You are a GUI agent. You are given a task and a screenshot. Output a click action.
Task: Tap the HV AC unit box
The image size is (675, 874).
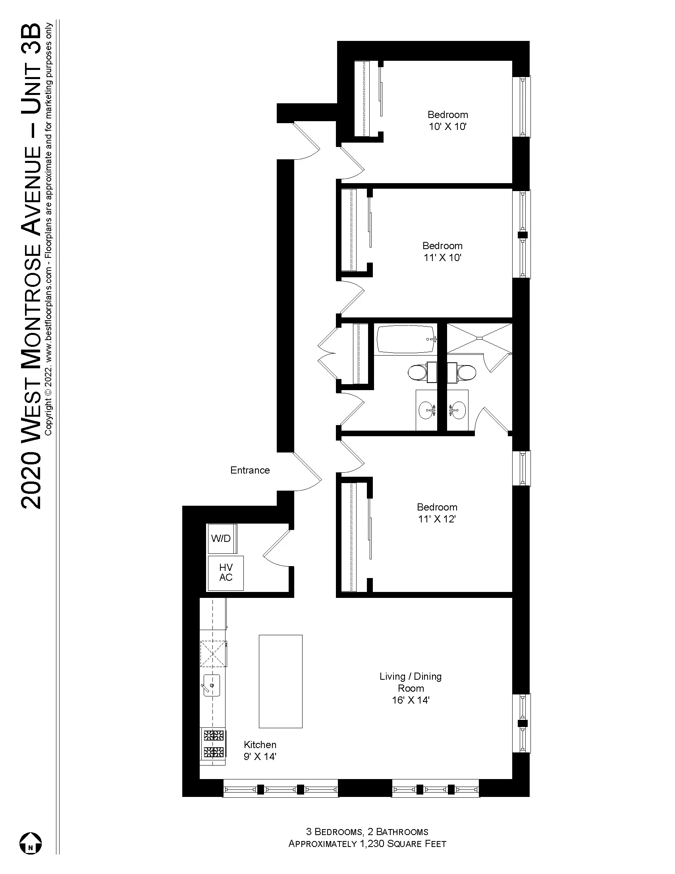pos(226,572)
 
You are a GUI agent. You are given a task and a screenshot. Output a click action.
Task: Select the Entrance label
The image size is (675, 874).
pos(250,470)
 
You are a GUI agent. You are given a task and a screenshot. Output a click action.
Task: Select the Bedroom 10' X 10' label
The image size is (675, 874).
pos(447,120)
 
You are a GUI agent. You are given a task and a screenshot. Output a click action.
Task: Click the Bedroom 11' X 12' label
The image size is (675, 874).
pos(437,513)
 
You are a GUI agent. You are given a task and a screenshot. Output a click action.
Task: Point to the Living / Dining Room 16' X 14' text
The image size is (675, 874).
pos(411,688)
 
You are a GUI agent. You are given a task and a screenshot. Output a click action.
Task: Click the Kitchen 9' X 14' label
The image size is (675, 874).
pos(260,750)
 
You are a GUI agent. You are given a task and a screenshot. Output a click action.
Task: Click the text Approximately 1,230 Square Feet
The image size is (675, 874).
pos(367,843)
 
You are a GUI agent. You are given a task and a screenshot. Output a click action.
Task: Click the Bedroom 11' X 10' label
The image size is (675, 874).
pos(442,251)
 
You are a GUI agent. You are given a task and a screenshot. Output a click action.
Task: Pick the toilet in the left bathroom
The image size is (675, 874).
pos(418,373)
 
